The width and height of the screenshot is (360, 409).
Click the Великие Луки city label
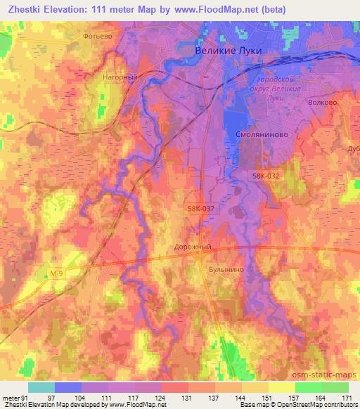[227, 51]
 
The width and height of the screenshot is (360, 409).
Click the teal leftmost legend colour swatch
[41, 387]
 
